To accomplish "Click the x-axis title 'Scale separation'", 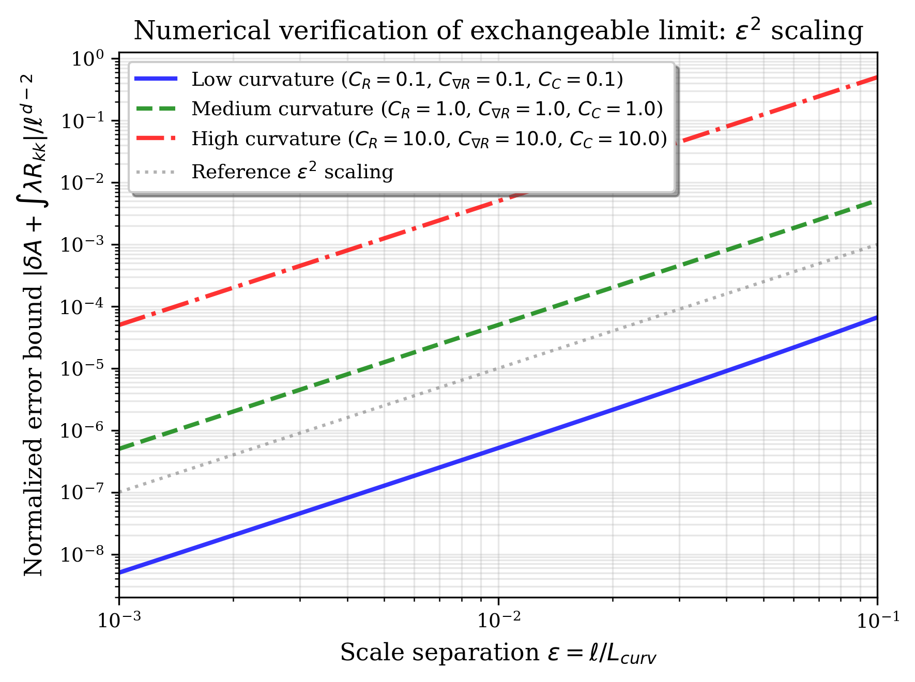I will point(498,653).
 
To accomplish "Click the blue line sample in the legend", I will point(156,79).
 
